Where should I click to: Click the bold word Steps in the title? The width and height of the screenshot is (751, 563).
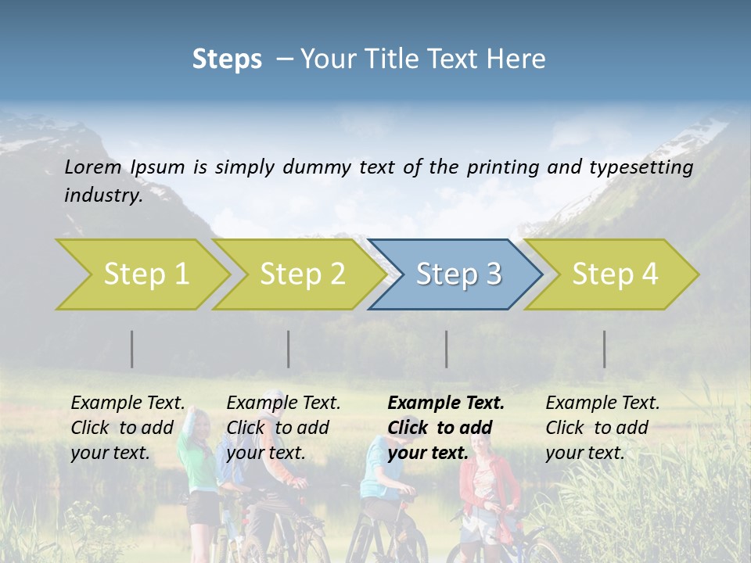point(227,59)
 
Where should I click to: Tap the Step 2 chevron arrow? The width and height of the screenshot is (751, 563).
point(300,274)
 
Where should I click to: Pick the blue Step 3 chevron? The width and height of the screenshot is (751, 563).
point(457,274)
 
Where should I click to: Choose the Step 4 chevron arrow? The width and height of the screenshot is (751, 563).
point(613,274)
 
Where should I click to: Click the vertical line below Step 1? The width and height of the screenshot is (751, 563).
point(132,349)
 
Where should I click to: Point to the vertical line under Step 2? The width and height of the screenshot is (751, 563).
point(289,349)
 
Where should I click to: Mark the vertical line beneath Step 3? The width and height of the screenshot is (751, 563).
point(447,349)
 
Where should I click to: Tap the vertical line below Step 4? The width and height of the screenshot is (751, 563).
point(605,349)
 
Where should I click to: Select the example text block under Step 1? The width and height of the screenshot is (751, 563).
point(128,428)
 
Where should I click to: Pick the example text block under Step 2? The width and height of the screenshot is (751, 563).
point(283,428)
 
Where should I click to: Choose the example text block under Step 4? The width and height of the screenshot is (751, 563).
point(602,428)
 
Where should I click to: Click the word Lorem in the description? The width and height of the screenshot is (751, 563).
point(93,167)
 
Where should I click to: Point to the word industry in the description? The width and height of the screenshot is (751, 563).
point(102,195)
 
